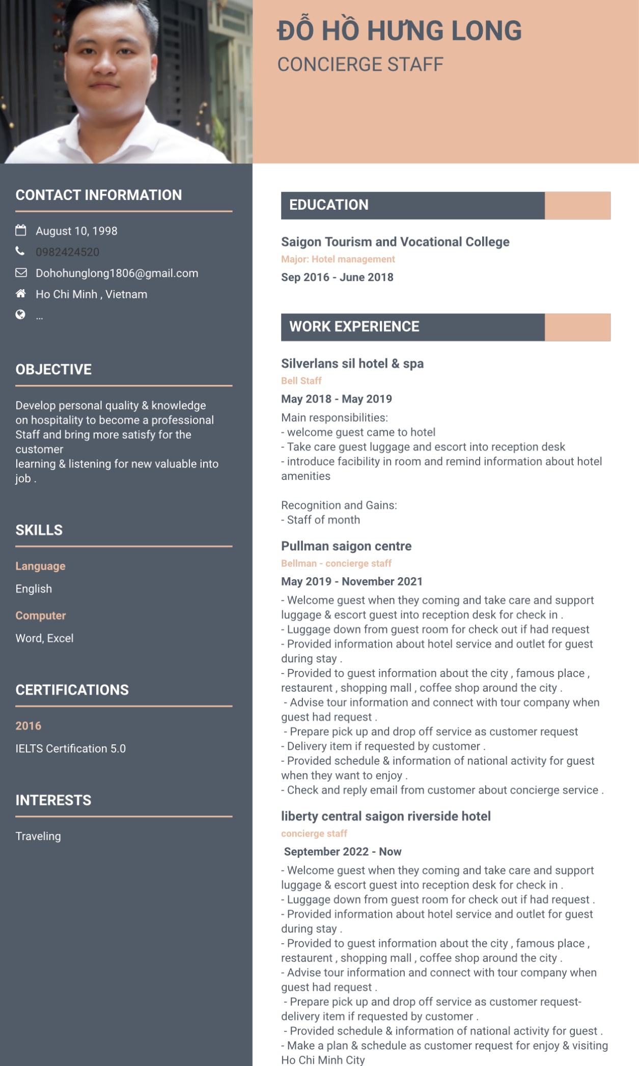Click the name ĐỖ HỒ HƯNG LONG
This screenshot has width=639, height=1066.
click(x=399, y=31)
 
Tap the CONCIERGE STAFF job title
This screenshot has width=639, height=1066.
click(x=360, y=65)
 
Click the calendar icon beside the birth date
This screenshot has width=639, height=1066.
click(x=21, y=231)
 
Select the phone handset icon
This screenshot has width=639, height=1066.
click(x=20, y=251)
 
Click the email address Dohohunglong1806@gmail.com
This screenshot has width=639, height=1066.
click(x=117, y=273)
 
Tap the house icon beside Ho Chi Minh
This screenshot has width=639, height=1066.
click(x=21, y=294)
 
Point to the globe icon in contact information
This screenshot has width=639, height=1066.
click(x=20, y=315)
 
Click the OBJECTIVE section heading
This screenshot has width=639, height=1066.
click(x=53, y=370)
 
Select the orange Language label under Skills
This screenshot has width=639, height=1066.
click(x=40, y=566)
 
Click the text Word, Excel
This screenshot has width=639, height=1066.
click(x=44, y=638)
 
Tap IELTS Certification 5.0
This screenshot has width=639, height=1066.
click(x=70, y=749)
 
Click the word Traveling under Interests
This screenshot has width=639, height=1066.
click(x=38, y=836)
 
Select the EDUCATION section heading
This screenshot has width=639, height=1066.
click(x=329, y=205)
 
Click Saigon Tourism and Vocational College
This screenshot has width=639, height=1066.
click(x=395, y=242)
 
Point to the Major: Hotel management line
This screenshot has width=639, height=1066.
click(x=338, y=259)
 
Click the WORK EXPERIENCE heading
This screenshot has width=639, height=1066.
click(x=354, y=327)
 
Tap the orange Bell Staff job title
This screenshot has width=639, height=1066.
click(x=301, y=381)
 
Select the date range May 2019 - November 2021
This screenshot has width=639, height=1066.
click(x=352, y=582)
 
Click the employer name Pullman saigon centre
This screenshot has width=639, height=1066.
click(x=346, y=546)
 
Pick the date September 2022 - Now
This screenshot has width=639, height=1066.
click(x=343, y=852)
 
